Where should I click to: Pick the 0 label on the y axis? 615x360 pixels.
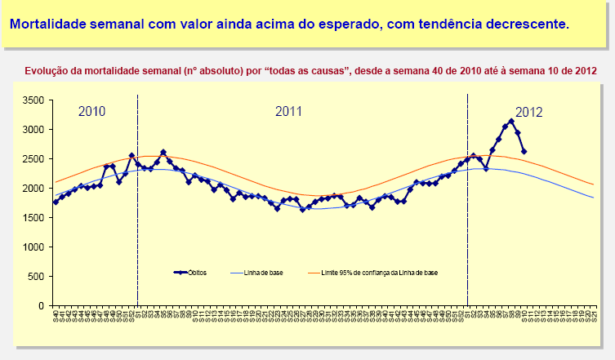[39, 306]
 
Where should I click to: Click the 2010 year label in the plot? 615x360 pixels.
[91, 112]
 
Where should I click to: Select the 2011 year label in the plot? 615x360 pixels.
[289, 112]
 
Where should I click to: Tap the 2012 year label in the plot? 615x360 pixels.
[529, 112]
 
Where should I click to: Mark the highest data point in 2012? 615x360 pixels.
[511, 122]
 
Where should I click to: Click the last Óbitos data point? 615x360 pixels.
[524, 152]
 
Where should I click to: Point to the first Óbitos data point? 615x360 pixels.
[56, 202]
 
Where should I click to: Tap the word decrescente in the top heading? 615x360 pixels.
[525, 24]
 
